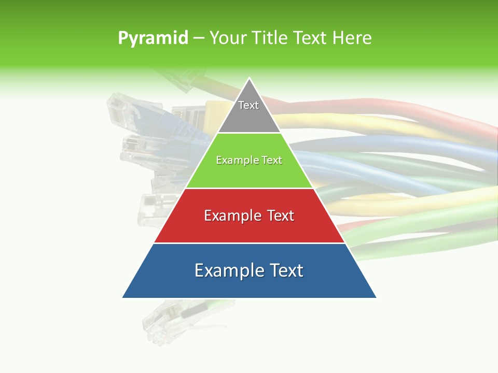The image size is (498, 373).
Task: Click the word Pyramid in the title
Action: click(153, 38)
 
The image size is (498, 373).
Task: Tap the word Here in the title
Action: click(351, 38)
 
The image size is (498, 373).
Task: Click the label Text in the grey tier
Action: click(248, 105)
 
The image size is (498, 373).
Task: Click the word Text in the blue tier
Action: click(285, 270)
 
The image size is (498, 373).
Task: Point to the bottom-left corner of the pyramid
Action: click(123, 297)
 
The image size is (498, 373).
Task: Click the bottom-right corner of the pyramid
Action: click(376, 297)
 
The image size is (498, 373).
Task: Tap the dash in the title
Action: click(198, 38)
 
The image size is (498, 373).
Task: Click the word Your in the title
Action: click(227, 38)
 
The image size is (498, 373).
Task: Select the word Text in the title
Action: click(310, 38)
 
